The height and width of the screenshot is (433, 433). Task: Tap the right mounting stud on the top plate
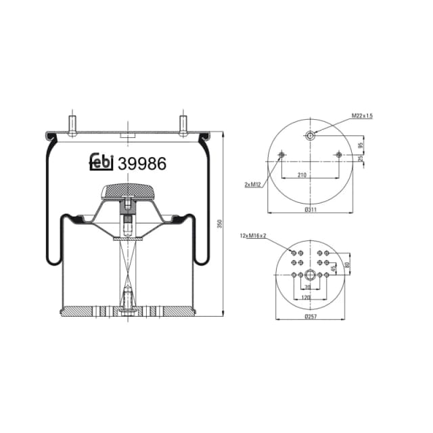[182, 124]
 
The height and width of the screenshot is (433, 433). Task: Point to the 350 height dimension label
[219, 223]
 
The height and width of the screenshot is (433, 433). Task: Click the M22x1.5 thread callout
[362, 116]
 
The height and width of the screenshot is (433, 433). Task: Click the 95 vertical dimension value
[361, 144]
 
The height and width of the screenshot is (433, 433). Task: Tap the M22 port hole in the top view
[310, 136]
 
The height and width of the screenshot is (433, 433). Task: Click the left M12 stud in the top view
[281, 156]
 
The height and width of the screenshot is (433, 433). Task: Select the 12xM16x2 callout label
[253, 235]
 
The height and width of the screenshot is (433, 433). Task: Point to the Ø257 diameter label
[311, 317]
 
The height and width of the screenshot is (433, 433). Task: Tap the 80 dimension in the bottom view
[347, 264]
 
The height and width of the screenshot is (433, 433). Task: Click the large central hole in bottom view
[310, 275]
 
